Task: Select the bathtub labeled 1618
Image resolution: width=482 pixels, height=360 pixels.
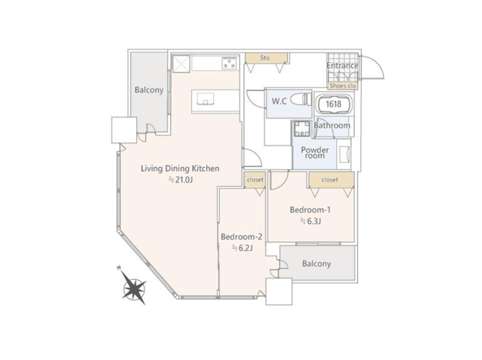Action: [334, 104]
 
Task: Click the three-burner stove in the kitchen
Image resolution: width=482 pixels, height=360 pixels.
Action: [230, 64]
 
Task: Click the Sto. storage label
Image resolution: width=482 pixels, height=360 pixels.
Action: [266, 58]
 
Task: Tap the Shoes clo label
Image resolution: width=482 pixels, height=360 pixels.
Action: [342, 86]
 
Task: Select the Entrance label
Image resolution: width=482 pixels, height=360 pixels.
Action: [342, 65]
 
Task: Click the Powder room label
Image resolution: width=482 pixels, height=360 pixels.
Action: [315, 152]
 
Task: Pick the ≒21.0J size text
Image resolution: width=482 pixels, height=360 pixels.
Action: [181, 179]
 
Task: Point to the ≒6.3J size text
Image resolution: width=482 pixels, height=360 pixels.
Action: [311, 221]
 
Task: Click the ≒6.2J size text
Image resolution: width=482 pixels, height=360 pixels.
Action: [242, 248]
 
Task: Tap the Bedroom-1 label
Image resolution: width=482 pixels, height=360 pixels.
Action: [310, 210]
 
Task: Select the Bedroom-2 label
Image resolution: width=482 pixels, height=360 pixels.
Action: [242, 236]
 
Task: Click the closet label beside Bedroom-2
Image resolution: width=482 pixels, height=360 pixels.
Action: [255, 179]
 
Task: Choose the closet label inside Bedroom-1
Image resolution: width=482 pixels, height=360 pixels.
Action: [330, 179]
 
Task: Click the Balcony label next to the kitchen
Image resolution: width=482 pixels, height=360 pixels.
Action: [149, 90]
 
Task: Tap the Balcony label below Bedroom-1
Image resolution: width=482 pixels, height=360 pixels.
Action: [317, 263]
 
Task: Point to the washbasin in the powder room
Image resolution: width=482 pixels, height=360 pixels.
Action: [344, 154]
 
